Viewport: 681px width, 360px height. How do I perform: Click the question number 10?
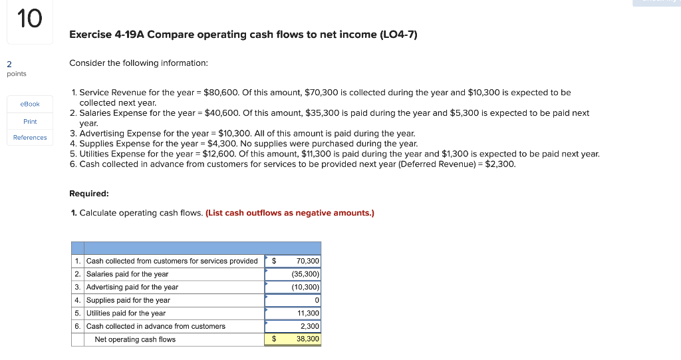click(29, 19)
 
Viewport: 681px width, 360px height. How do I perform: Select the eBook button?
click(30, 104)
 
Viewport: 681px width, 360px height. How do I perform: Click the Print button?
click(30, 122)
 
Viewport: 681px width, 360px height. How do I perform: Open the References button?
click(30, 138)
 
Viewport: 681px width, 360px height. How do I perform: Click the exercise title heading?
click(243, 35)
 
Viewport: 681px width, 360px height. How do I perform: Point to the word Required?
click(89, 194)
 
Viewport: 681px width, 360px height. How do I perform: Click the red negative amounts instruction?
click(290, 213)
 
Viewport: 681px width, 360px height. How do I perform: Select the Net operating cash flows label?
click(135, 339)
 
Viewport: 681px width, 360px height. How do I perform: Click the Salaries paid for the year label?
click(127, 274)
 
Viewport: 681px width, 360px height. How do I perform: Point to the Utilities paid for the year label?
click(126, 313)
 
